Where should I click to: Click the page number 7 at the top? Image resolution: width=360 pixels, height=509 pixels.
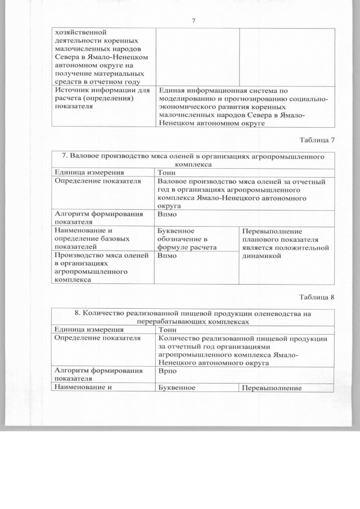tap(193, 21)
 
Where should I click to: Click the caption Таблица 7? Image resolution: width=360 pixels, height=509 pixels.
tap(317, 139)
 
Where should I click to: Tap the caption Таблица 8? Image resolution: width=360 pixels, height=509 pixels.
tap(317, 297)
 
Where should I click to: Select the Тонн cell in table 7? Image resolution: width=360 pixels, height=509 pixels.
tap(167, 173)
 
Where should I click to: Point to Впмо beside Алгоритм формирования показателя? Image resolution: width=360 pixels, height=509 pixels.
tap(168, 214)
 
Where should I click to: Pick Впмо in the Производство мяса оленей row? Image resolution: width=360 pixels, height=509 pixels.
tap(168, 256)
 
